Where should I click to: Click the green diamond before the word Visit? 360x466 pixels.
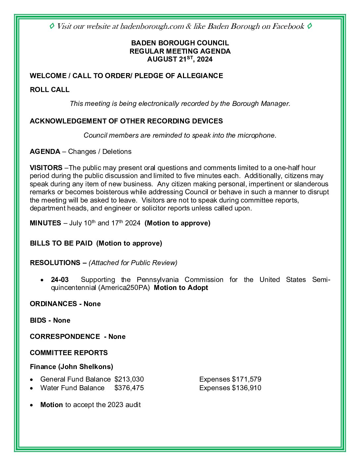(52, 26)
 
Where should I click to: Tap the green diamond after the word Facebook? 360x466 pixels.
(309, 26)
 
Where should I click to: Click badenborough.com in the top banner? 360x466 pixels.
(152, 26)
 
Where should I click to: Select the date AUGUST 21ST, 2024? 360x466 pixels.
(180, 60)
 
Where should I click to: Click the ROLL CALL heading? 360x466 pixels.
(50, 90)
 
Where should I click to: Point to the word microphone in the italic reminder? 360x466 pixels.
(256, 135)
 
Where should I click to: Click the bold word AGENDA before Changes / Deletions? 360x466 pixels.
(45, 152)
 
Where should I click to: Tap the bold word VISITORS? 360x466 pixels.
(46, 168)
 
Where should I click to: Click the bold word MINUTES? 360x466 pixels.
(45, 223)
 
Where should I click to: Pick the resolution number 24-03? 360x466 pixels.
(60, 280)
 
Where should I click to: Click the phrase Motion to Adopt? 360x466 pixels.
(181, 288)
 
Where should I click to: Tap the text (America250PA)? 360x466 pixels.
(124, 288)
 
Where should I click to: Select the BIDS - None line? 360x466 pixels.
(50, 320)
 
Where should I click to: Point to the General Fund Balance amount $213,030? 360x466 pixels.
(129, 379)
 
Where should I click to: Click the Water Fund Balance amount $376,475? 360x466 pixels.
(129, 388)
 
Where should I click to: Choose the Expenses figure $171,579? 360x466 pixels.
(247, 379)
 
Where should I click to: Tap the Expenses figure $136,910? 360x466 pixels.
(247, 388)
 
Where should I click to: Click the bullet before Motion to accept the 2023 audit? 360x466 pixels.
(31, 405)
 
